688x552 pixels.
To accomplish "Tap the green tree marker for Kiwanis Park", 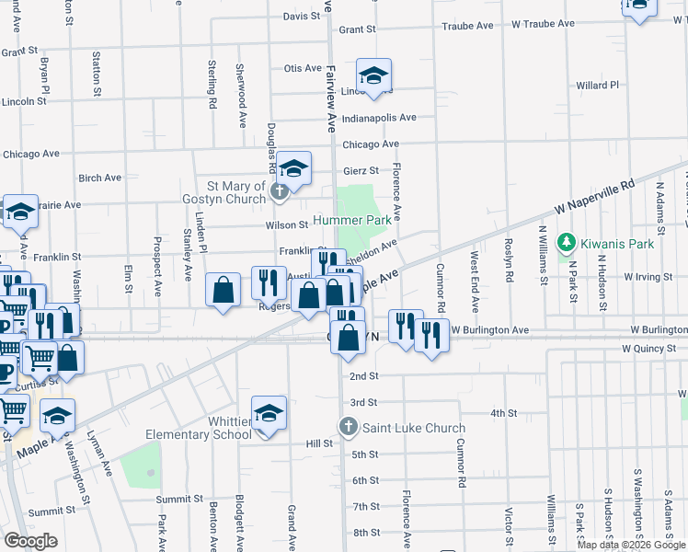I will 568,243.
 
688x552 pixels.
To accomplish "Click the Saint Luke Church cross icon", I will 348,427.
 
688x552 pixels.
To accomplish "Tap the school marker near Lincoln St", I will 374,75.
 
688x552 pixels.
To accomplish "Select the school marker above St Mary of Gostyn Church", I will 294,167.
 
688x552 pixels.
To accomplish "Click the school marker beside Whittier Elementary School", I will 269,413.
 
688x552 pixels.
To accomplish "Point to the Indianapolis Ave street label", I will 379,118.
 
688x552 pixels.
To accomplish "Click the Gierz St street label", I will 361,170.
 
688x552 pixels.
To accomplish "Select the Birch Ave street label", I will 100,178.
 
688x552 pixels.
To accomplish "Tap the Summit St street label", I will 51,512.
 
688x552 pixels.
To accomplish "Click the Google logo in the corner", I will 31,540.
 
